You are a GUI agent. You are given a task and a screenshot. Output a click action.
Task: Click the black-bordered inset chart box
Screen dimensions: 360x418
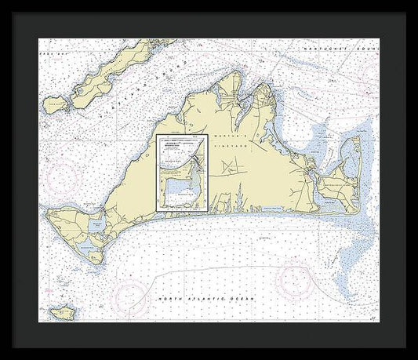pos(182,173)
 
